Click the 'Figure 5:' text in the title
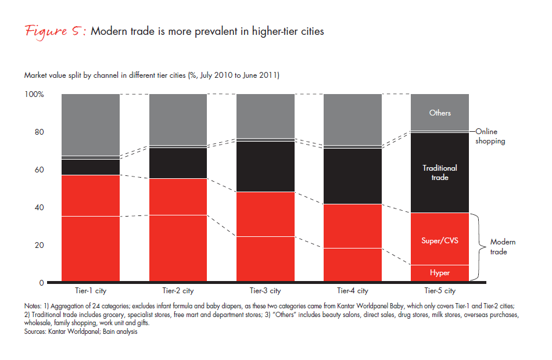[56, 31]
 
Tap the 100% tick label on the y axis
[34, 94]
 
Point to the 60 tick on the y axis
[38, 170]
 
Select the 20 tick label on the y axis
[38, 245]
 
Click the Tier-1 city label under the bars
[90, 291]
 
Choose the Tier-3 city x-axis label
[265, 291]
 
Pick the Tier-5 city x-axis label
[440, 291]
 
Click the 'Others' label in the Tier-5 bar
[440, 113]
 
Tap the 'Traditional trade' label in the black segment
[440, 172]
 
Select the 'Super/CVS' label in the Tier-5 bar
[440, 240]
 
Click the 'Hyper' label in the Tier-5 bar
[440, 273]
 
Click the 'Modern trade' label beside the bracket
[503, 247]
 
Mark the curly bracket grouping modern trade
[478, 247]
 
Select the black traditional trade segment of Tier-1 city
[90, 167]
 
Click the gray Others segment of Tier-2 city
[178, 119]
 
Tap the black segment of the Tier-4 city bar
[353, 176]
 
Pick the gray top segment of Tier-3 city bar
[265, 116]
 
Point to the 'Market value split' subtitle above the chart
[151, 75]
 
